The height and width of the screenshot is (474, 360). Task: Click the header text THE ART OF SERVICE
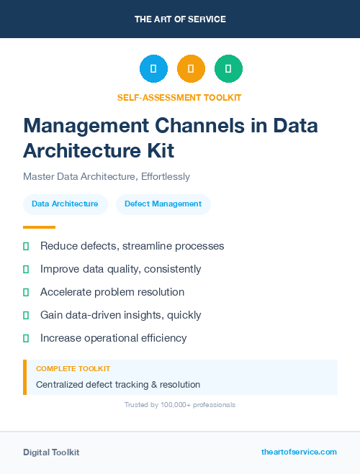click(180, 19)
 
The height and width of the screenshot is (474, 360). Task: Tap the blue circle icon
click(153, 68)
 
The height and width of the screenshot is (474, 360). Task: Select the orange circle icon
click(191, 68)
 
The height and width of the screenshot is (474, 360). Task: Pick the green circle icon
click(228, 68)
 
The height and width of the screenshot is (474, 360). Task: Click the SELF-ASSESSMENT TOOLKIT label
click(179, 97)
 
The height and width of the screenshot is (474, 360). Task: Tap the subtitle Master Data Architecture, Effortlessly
click(106, 176)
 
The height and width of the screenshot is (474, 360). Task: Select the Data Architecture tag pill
click(65, 204)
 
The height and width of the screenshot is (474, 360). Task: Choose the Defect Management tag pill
click(163, 204)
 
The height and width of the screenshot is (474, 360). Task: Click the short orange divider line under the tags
click(34, 227)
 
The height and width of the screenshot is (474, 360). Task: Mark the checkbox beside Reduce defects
click(26, 247)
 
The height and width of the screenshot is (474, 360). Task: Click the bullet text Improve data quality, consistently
click(120, 269)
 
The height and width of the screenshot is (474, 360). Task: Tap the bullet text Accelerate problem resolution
click(112, 292)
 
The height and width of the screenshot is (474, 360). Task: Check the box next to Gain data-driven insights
click(26, 315)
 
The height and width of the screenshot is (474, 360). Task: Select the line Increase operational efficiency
click(113, 338)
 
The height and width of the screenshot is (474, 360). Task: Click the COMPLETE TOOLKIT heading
click(73, 368)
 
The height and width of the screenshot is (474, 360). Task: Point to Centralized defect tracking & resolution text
click(118, 385)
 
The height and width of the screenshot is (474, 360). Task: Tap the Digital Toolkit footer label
click(51, 452)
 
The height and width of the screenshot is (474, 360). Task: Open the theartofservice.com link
click(299, 452)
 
